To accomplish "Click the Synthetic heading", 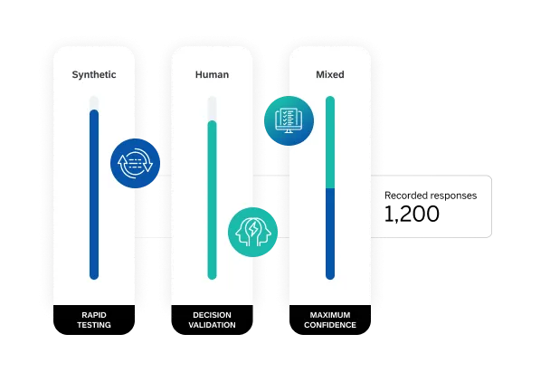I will pyautogui.click(x=94, y=75).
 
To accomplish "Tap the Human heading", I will pyautogui.click(x=212, y=75).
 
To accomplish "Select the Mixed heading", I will pyautogui.click(x=329, y=75).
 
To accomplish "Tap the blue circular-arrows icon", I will pyautogui.click(x=135, y=163).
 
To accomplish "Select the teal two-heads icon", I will pyautogui.click(x=252, y=230).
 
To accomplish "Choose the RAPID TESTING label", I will pyautogui.click(x=94, y=320).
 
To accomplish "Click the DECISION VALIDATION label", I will pyautogui.click(x=213, y=320).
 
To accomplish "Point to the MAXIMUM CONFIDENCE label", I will pyautogui.click(x=329, y=320).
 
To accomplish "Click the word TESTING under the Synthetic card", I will pyautogui.click(x=94, y=325).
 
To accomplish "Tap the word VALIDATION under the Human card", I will pyautogui.click(x=213, y=325).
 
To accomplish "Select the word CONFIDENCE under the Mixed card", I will pyautogui.click(x=329, y=325).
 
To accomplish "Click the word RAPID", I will pyautogui.click(x=94, y=315).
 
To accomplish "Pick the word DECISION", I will pyautogui.click(x=213, y=315).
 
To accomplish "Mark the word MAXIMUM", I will pyautogui.click(x=329, y=315).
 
